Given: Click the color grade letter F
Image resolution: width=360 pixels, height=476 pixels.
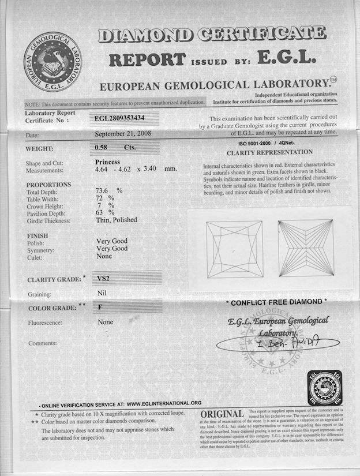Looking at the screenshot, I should pos(99,307).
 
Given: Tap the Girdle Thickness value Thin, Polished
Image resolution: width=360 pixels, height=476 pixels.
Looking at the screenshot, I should pos(116,220).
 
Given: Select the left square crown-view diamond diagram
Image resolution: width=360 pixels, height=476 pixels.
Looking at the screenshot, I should pos(234,249).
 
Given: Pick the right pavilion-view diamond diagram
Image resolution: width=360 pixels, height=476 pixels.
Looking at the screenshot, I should pos(305,249).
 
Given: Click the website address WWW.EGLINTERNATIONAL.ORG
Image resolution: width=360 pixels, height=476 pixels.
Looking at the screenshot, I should pos(164,403).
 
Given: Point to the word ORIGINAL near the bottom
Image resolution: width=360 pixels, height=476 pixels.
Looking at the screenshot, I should pos(222,415).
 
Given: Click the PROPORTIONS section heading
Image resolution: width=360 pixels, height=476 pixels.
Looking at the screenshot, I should pos(48,185).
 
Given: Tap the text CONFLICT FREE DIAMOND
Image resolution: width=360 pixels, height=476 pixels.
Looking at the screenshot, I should pos(276,302).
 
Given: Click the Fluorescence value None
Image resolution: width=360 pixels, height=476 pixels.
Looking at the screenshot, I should pos(106,322).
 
